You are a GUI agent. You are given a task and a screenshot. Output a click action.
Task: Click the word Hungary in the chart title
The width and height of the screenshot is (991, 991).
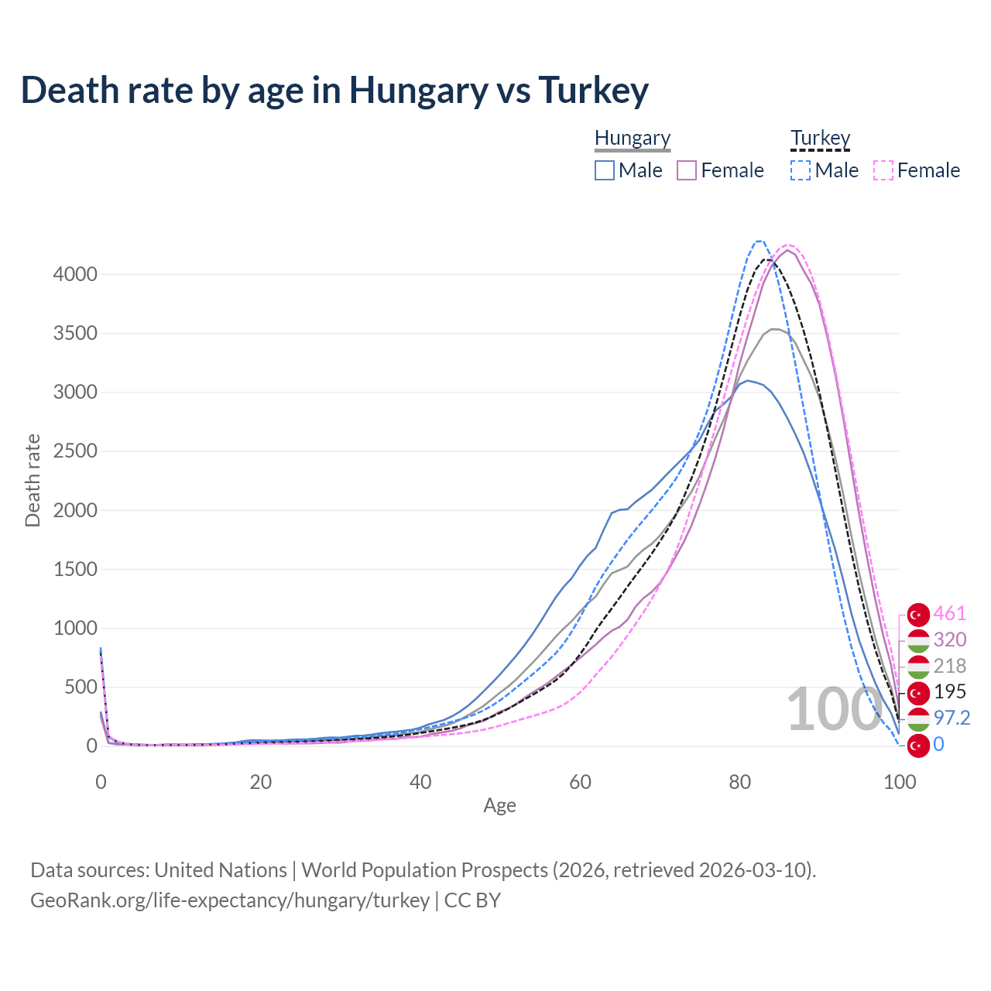coord(418,91)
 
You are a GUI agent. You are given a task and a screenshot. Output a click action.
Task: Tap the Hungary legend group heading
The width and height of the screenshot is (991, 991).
coord(633,138)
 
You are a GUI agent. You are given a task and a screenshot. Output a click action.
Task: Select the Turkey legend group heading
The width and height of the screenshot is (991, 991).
coord(820,138)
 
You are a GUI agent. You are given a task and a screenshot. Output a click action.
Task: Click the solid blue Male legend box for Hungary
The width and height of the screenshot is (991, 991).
coord(605,170)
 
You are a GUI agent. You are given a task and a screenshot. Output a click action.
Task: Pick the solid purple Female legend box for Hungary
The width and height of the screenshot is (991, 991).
coord(687,170)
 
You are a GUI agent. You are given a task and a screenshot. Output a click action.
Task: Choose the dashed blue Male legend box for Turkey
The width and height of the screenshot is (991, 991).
coord(801,170)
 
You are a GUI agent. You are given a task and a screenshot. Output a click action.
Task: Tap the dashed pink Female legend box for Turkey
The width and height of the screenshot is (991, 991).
coord(883,170)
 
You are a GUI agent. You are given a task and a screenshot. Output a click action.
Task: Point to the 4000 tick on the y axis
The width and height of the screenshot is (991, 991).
coord(75,275)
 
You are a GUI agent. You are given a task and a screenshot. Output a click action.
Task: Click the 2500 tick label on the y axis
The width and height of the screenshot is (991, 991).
coord(75,451)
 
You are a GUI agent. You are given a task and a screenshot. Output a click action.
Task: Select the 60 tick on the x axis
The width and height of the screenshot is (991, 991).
coord(580,782)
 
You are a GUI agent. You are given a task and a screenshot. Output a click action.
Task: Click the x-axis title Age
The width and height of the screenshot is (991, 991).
coord(499,806)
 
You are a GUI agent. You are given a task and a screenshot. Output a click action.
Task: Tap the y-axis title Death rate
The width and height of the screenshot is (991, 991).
coord(33,481)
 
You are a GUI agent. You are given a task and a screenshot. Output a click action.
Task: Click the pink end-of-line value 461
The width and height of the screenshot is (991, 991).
coord(950,614)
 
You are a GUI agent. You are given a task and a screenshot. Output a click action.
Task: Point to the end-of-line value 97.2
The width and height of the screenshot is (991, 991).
coord(952,718)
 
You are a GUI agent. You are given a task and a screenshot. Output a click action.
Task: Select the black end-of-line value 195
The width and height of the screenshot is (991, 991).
coord(950,691)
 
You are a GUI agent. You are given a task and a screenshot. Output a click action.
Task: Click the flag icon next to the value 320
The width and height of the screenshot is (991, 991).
coord(918,640)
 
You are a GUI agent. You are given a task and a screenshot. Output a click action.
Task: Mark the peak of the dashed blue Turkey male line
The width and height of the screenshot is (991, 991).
coord(759,241)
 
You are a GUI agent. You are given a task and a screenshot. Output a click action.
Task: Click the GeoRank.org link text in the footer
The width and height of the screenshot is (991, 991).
coord(229,900)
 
